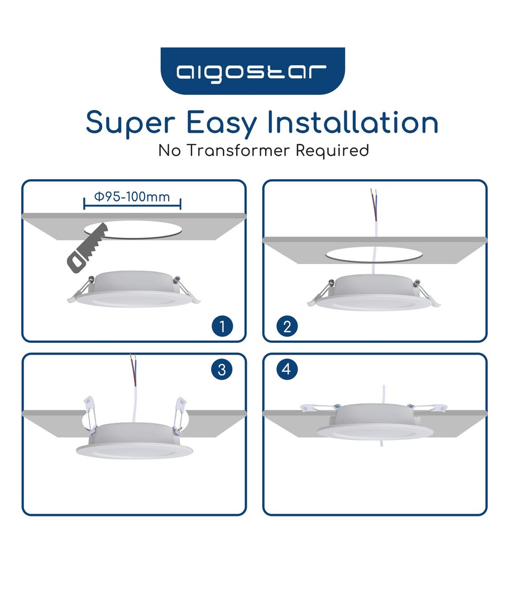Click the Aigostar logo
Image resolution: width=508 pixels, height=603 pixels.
click(253, 71)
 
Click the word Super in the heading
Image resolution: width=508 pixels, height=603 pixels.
click(131, 123)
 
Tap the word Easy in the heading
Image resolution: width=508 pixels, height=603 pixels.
click(222, 123)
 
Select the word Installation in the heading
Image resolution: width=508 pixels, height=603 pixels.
click(353, 122)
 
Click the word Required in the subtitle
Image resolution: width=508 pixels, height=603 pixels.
click(332, 151)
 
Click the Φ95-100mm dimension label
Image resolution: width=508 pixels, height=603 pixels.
click(132, 197)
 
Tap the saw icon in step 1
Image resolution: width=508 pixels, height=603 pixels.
click(87, 248)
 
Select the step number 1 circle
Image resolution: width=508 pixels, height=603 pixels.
click(222, 327)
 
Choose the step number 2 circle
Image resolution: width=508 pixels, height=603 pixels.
click(287, 327)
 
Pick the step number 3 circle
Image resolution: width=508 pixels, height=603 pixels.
click(222, 370)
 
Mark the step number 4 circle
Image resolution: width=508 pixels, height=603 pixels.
click(287, 369)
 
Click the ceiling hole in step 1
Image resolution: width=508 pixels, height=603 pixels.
click(133, 230)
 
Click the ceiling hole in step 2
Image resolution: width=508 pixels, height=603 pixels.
click(374, 254)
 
